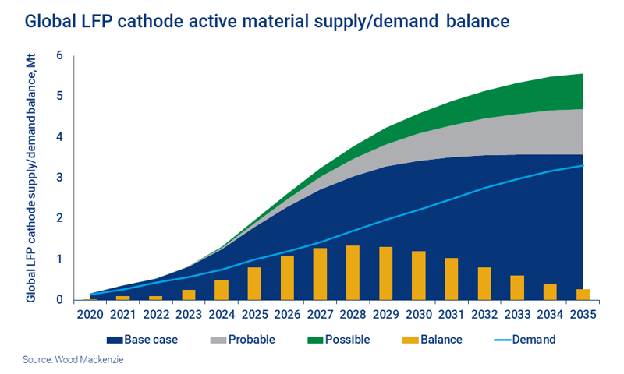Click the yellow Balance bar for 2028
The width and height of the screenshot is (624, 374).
(x=353, y=273)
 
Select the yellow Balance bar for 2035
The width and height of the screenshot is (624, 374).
(x=583, y=295)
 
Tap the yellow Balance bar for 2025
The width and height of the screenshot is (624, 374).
(x=254, y=284)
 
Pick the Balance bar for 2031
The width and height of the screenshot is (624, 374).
(x=451, y=279)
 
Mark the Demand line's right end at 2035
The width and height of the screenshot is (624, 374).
(x=583, y=165)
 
